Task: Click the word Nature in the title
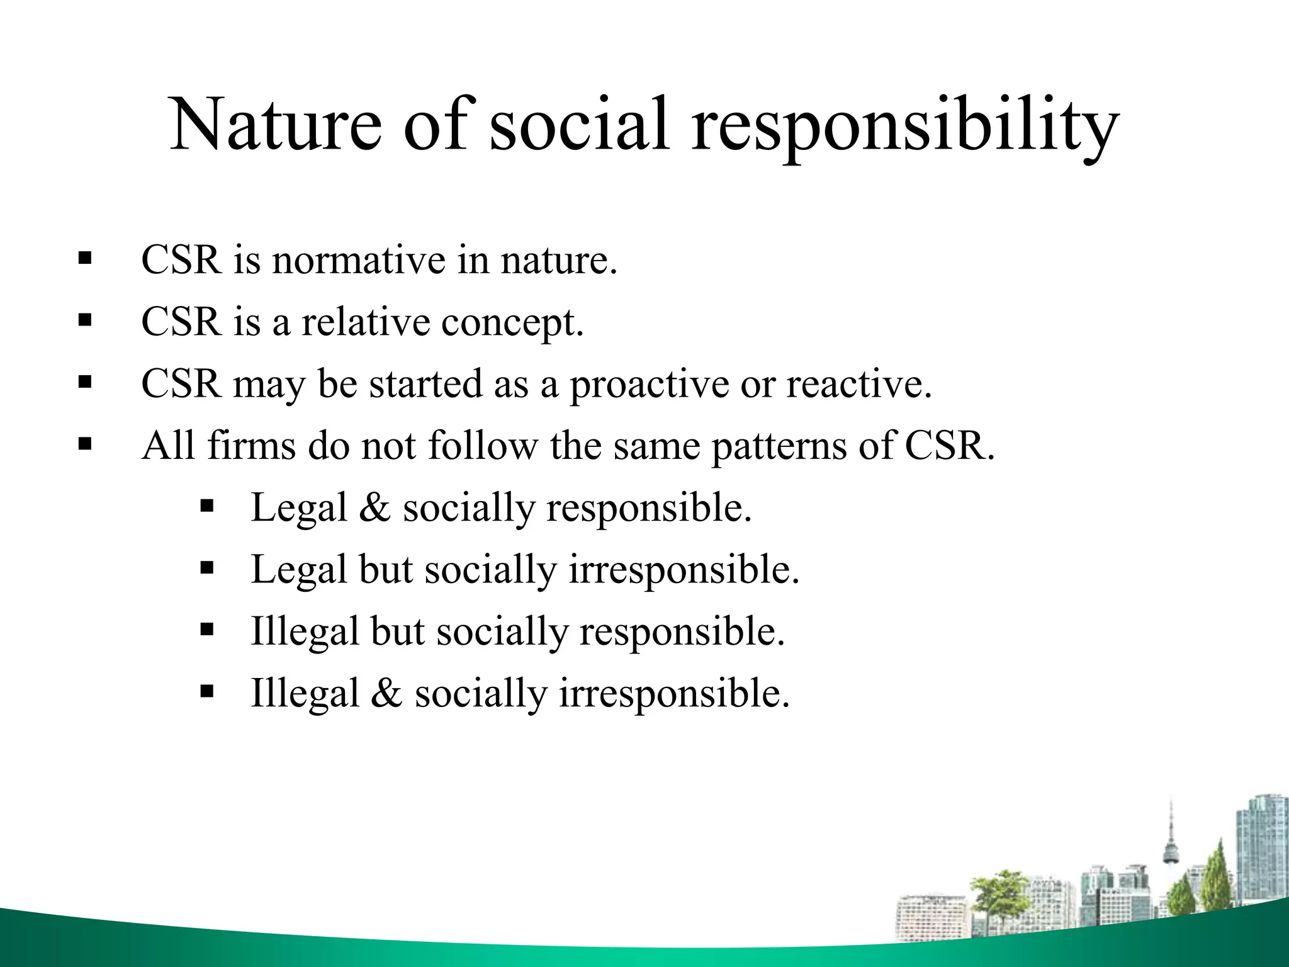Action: (x=276, y=125)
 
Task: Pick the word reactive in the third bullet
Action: (x=858, y=384)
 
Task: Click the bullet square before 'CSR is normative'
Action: (x=84, y=258)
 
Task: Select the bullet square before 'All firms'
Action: (x=84, y=444)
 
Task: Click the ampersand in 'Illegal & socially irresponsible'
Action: (x=386, y=693)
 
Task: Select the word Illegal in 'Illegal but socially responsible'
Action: (x=305, y=631)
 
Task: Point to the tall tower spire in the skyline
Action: (x=1171, y=844)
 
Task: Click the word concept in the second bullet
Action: (x=511, y=323)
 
